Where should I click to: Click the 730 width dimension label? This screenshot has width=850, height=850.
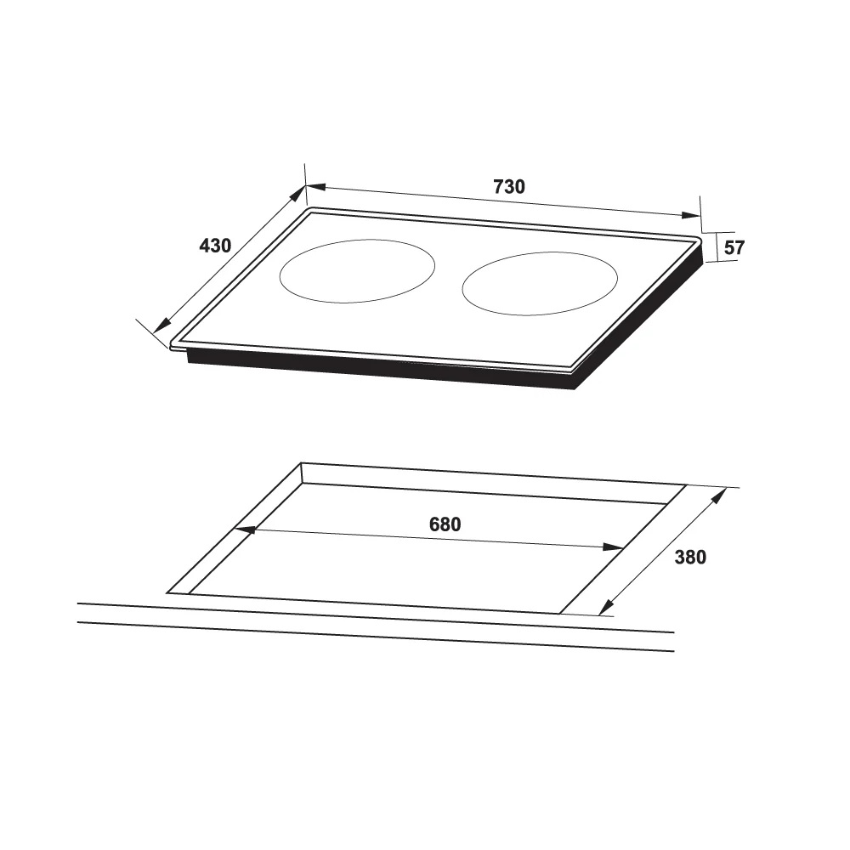click(x=509, y=186)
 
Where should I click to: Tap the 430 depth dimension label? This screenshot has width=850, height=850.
click(x=215, y=246)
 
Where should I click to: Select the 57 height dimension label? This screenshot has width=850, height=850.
click(x=734, y=247)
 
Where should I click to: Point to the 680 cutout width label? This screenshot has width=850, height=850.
click(x=445, y=524)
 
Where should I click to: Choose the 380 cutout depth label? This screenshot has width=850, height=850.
click(x=690, y=558)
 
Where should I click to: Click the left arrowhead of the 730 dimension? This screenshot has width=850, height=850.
click(x=315, y=187)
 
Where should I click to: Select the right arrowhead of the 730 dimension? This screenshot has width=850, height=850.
click(x=690, y=215)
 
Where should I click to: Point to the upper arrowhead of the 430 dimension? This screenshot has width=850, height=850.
click(x=298, y=192)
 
